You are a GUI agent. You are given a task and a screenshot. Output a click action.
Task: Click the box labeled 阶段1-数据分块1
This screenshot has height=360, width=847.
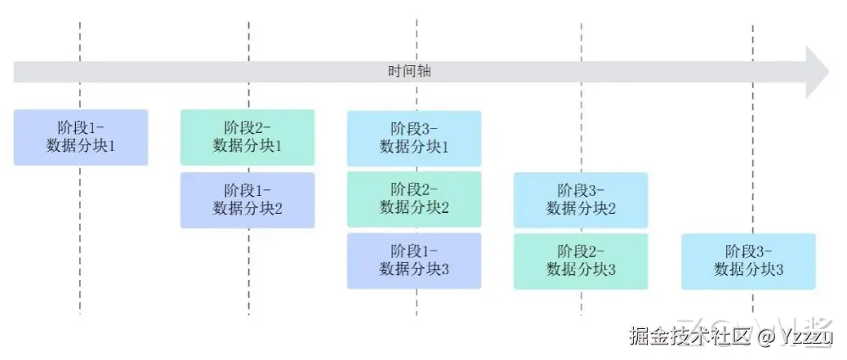click(x=80, y=137)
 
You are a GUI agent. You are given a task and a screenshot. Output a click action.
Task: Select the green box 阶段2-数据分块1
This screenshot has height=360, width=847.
click(x=247, y=136)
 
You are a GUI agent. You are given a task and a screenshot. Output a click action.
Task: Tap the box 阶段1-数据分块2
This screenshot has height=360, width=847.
click(x=247, y=199)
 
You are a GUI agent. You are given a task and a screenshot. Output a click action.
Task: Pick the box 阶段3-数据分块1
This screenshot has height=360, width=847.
click(x=414, y=137)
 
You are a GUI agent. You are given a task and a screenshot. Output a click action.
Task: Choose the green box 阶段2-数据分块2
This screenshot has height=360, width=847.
click(x=414, y=198)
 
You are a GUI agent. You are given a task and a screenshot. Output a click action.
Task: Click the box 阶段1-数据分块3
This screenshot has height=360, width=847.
click(x=414, y=260)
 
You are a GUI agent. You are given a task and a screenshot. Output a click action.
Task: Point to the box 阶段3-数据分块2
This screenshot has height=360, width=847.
click(x=581, y=199)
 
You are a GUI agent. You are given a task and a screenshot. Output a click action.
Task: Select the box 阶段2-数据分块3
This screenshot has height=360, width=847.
click(x=581, y=261)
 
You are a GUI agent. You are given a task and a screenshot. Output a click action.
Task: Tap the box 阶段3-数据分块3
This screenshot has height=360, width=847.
click(x=748, y=260)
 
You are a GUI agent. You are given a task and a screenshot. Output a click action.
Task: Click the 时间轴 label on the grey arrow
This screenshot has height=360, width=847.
click(x=409, y=72)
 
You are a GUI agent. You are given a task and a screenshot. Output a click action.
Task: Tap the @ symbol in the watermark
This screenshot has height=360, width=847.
click(x=765, y=336)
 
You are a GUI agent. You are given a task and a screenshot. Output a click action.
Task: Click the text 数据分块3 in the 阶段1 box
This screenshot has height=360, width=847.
click(x=414, y=269)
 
